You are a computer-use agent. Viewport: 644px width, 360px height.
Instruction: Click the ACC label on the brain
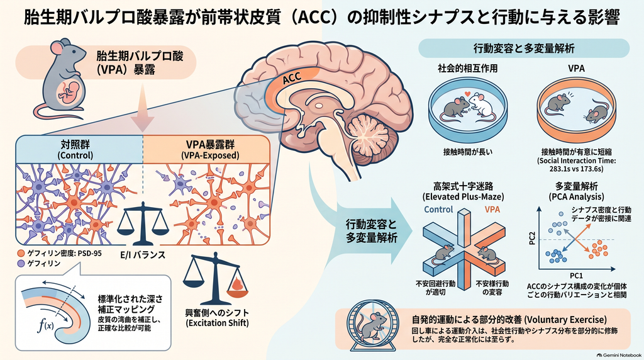292,77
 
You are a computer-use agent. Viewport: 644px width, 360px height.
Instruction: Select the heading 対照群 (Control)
75,150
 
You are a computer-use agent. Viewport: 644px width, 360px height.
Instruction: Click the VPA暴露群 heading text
210,145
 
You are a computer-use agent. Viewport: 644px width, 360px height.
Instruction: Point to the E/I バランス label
143,255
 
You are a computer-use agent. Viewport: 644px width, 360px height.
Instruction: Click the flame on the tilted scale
237,284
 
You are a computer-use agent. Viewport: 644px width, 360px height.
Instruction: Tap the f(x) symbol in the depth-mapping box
45,325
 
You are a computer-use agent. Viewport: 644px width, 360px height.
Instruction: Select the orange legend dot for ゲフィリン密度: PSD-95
21,254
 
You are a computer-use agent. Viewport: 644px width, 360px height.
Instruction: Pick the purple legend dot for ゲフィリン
21,264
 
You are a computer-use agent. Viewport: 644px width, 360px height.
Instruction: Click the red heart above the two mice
467,94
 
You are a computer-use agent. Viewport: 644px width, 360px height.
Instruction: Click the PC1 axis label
576,276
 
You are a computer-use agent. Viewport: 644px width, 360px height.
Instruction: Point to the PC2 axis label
532,239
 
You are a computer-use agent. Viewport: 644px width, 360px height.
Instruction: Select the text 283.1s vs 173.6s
576,169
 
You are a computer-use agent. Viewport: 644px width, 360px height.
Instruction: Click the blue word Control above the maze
438,210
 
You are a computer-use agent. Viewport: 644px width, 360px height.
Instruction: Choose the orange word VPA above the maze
492,210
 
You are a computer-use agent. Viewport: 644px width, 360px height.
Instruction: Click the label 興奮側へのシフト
217,313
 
